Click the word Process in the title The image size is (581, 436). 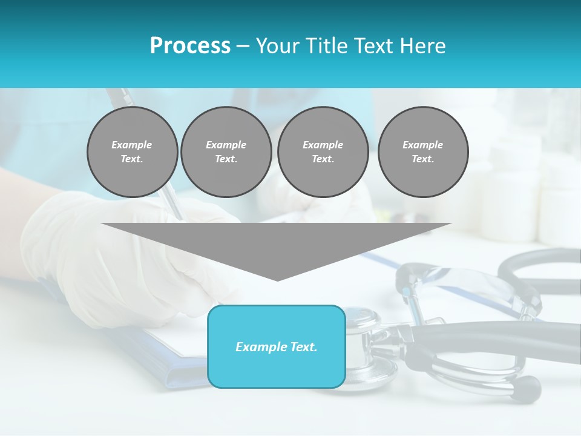click(190, 46)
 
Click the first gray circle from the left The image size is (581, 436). click(132, 152)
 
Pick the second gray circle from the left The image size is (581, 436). click(226, 152)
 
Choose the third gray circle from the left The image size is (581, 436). click(323, 152)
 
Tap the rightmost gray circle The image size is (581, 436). click(423, 152)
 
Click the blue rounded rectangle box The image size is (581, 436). click(277, 346)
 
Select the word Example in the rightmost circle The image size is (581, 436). click(423, 145)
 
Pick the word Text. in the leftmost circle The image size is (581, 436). click(132, 159)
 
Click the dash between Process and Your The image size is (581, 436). click(243, 46)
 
